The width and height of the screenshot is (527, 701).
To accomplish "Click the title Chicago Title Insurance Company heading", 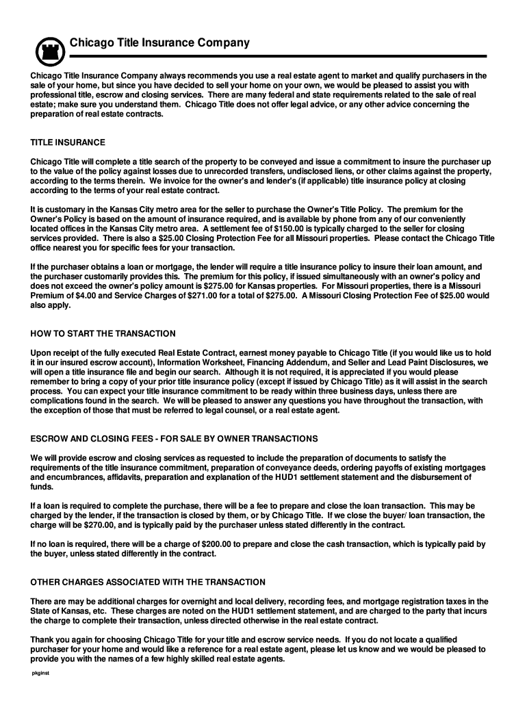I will pyautogui.click(x=159, y=43).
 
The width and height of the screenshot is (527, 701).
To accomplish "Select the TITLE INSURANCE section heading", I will pyautogui.click(x=68, y=142).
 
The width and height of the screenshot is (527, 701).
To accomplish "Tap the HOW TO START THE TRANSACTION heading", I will pyautogui.click(x=103, y=333).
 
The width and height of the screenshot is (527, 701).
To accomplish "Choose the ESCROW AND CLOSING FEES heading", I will pyautogui.click(x=174, y=438).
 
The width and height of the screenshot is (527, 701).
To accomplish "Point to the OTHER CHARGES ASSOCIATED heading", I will pyautogui.click(x=148, y=582).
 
